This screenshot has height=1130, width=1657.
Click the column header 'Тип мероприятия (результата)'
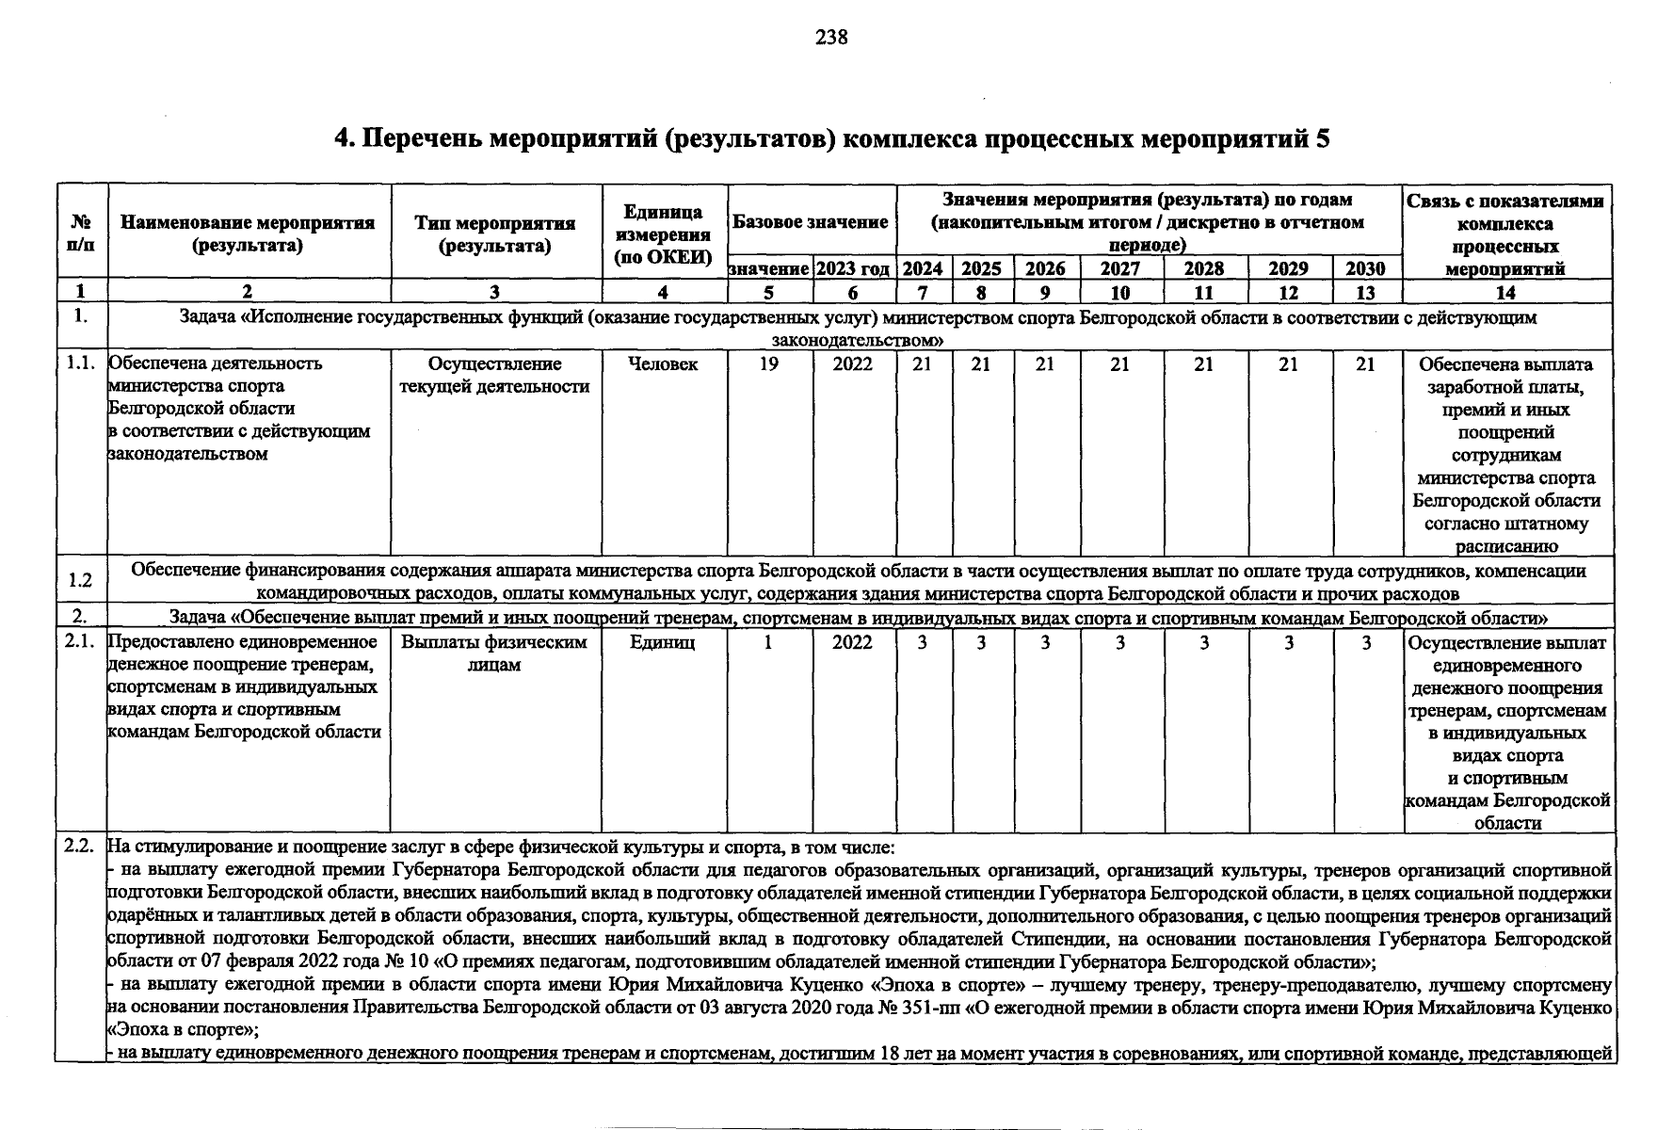coord(495,234)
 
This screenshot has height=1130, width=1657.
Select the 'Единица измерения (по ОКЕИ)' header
coord(664,234)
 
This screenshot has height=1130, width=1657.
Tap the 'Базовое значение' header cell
coord(811,222)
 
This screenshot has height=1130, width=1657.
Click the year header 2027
coord(1120,268)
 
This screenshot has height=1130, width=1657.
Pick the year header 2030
coord(1365,268)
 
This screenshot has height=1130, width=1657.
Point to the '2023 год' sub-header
coord(853,268)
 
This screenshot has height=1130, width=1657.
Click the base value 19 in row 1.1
coord(769,364)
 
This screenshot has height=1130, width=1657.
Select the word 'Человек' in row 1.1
coord(664,364)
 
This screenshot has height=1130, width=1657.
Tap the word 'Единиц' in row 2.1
coord(664,642)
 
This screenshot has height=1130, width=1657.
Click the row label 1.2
coord(80,580)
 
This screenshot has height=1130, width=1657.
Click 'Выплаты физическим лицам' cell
coord(495,654)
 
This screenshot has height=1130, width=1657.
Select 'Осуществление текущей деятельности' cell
coord(495,376)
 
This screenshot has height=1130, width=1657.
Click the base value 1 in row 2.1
coord(769,642)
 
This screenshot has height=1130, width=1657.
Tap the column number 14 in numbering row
coord(1505,293)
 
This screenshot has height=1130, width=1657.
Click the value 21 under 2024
coord(923,364)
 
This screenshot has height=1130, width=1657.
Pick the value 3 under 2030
coord(1365,642)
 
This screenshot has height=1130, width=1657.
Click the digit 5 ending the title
coord(1323,139)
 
